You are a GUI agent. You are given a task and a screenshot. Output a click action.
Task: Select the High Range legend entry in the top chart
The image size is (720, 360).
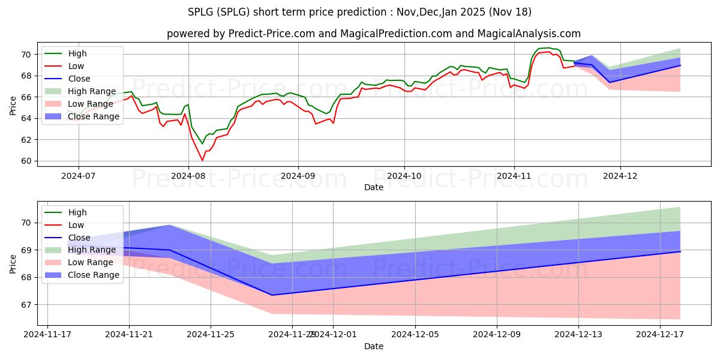tap(91, 91)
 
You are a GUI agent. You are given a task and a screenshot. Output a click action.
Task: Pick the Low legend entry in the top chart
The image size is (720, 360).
tap(76, 66)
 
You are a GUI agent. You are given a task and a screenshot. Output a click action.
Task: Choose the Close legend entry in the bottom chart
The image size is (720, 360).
tap(79, 238)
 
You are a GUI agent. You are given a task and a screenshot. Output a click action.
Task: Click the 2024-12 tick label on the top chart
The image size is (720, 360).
tap(620, 176)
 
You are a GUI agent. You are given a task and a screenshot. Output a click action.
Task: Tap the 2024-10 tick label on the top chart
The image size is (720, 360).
tap(404, 176)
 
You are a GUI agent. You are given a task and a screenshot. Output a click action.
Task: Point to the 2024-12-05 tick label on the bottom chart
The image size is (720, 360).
tap(415, 334)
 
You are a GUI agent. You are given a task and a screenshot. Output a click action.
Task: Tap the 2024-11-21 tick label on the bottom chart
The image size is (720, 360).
tap(129, 334)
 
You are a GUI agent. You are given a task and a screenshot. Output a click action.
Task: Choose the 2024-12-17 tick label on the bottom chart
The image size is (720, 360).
tap(660, 334)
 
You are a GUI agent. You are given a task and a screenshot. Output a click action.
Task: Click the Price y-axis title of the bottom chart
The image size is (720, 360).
tap(13, 264)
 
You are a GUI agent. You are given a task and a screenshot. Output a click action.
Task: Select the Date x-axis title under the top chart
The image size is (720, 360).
tap(373, 188)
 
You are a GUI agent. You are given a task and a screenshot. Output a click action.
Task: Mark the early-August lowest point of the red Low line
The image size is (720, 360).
tap(202, 160)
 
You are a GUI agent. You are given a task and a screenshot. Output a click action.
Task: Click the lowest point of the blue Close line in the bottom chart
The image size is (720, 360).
tap(271, 295)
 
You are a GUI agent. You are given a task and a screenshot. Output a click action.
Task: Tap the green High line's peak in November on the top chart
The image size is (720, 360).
tap(548, 48)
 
